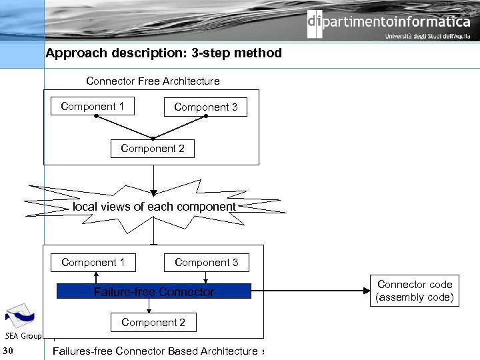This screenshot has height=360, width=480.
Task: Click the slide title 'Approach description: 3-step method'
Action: click(163, 53)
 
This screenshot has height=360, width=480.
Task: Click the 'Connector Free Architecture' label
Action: click(153, 81)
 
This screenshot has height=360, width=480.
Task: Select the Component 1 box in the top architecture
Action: click(92, 107)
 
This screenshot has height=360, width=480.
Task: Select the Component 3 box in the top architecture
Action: click(205, 107)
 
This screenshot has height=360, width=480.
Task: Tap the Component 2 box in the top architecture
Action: click(152, 149)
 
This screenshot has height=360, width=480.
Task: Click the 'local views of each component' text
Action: click(154, 207)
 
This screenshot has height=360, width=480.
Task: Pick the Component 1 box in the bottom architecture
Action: click(93, 263)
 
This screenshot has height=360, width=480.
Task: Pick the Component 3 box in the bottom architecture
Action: click(206, 263)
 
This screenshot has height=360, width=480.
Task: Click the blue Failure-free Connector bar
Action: click(153, 291)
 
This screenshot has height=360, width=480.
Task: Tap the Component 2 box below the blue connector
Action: click(153, 323)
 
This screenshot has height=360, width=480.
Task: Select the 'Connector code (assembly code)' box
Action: click(414, 291)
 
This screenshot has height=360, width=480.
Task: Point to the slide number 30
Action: click(8, 351)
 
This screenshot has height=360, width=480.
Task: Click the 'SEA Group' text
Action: click(23, 335)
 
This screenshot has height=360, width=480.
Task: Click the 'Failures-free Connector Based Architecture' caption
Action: click(155, 351)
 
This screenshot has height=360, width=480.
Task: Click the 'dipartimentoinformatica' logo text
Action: click(389, 22)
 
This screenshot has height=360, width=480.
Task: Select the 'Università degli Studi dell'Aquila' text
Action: click(427, 37)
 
